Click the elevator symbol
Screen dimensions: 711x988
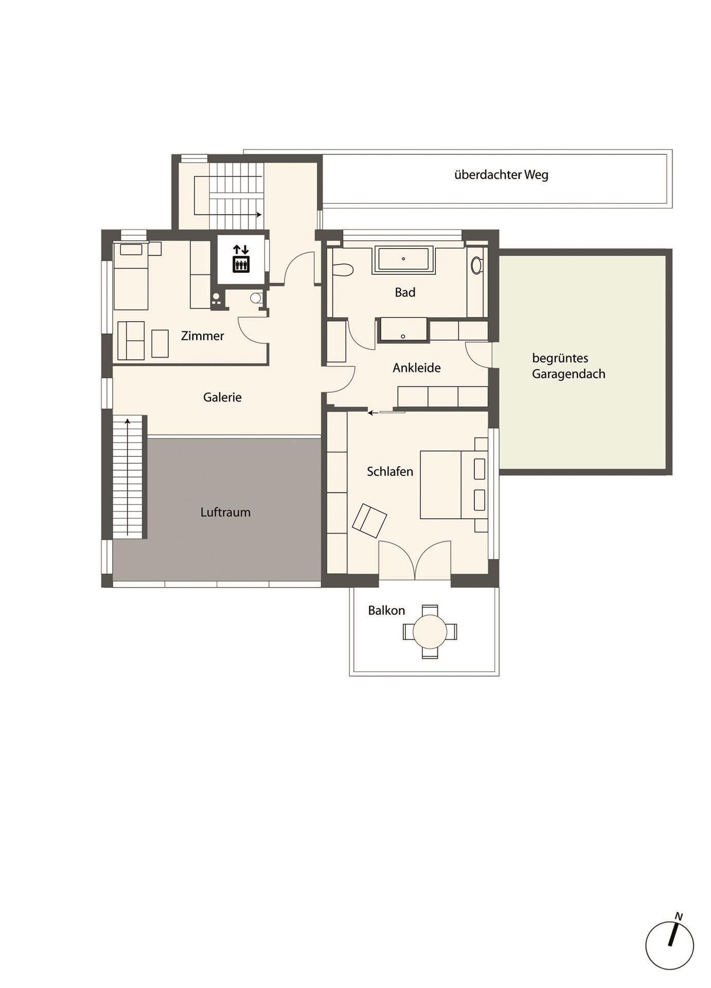pos(241,258)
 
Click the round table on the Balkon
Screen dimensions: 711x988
pos(430,631)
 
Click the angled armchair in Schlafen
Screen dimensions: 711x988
pos(370,520)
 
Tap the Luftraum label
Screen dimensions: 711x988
pos(225,513)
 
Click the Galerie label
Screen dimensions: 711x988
pos(222,397)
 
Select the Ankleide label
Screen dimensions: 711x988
pos(417,368)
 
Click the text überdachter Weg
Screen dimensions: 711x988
pos(501,175)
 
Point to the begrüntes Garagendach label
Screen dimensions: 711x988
pos(568,366)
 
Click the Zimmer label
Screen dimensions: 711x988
pos(203,336)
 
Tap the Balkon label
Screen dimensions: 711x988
pos(386,611)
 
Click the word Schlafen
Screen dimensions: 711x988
pos(390,472)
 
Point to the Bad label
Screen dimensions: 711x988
pos(405,293)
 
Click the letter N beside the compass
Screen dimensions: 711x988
pos(679,916)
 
